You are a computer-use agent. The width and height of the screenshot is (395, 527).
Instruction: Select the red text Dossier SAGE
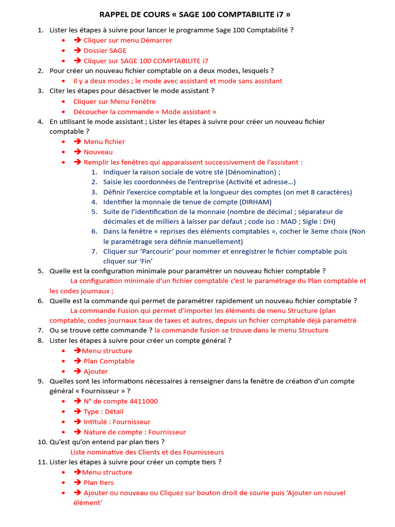[105, 50]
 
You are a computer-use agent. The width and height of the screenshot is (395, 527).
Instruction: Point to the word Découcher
[91, 112]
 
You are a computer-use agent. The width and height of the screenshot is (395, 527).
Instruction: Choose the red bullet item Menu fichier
[104, 142]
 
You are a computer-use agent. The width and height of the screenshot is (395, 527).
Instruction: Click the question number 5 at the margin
[40, 271]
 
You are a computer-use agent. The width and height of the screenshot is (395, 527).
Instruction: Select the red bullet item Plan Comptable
[109, 361]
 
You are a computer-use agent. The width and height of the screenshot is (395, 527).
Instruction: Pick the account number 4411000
[139, 401]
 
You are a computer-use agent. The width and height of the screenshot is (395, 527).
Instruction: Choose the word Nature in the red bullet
[96, 432]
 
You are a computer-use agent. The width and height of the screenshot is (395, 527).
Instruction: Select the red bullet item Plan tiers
[99, 482]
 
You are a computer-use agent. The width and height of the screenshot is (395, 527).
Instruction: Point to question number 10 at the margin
[41, 442]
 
